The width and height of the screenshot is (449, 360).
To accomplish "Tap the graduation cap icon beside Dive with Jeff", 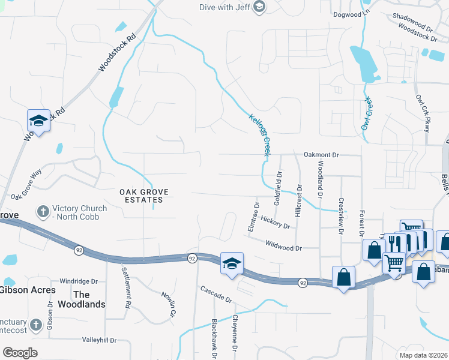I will pos(259,7).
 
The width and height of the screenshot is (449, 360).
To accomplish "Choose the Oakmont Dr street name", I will pos(321,155).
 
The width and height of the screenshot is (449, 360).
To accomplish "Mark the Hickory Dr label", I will pos(276,224).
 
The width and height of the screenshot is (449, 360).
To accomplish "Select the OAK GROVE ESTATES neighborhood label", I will pos(144,196).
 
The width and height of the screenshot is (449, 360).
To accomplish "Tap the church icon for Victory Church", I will pos(43,212).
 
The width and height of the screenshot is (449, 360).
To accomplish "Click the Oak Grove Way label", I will pos(26,184).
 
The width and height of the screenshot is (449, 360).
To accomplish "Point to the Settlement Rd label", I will pos(127,287).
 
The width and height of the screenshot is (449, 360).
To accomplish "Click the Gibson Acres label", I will pos(28,290).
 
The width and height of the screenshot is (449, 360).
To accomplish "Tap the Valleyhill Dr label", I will pos(99,340).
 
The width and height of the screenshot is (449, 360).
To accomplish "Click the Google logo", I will pos(20,353).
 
